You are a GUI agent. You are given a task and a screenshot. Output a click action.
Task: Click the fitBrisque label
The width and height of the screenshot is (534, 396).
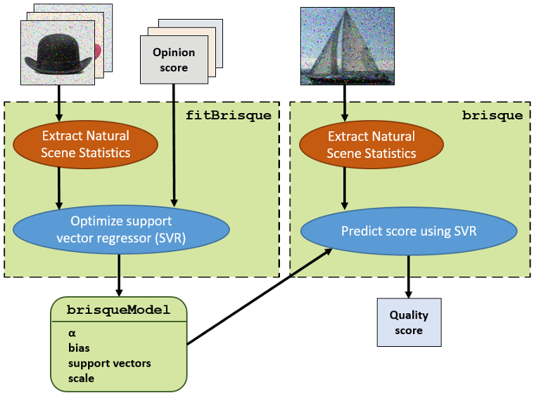pos(228,115)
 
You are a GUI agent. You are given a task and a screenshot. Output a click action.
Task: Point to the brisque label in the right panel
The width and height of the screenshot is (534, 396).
pos(502,115)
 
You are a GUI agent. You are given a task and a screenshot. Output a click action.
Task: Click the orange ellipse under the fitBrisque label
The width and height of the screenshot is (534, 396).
pos(86,144)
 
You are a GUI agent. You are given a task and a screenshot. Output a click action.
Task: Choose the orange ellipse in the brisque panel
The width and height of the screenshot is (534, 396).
pos(371,145)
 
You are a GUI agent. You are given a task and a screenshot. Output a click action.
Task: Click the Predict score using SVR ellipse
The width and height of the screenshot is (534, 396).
pos(409,230)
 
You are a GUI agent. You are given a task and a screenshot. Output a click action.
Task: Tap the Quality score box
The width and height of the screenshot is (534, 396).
pos(409,323)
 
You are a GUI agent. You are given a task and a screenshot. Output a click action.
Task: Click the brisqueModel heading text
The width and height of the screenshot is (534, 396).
pos(118,310)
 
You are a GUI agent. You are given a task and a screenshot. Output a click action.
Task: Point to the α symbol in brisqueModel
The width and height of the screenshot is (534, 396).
pos(72,333)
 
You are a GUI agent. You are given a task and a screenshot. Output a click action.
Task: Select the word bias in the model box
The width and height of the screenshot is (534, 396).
pos(79,348)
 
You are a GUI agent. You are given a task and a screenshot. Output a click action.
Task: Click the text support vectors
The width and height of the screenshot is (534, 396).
pos(109,363)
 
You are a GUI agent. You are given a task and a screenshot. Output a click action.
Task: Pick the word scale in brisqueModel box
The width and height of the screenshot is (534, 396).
pos(81,378)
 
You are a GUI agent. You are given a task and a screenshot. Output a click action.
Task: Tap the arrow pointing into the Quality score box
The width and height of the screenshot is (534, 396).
pos(409,277)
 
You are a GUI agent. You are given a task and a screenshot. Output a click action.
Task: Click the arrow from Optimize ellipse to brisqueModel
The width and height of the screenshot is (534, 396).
pos(119,275)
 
